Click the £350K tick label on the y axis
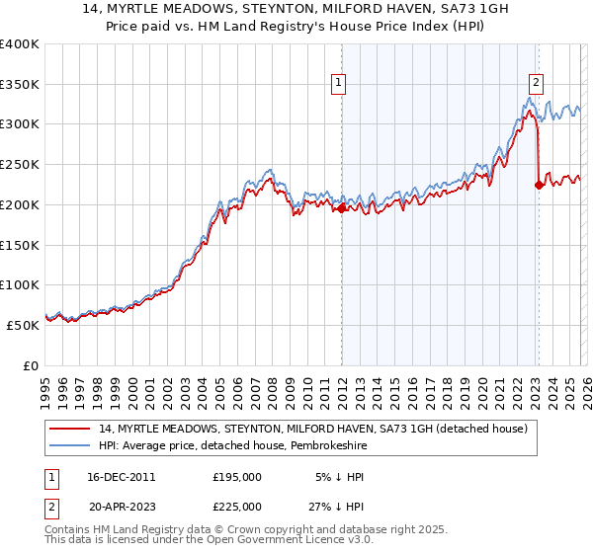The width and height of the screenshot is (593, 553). click(20, 85)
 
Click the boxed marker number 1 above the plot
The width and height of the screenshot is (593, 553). click(339, 84)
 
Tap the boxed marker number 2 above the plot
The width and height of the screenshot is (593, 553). click(536, 84)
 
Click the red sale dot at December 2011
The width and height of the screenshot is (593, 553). click(342, 208)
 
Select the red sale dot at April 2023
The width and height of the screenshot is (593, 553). click(539, 185)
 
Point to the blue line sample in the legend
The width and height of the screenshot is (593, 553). click(71, 445)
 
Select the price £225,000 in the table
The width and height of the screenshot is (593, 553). click(237, 507)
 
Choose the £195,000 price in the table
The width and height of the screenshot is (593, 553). click(237, 477)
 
